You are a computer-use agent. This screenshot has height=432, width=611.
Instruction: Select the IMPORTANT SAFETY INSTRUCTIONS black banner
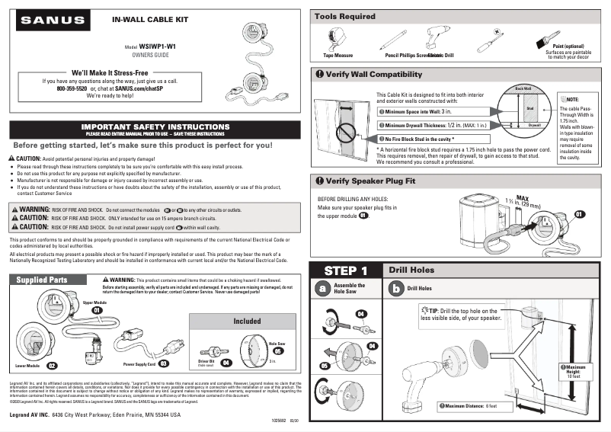[155, 129]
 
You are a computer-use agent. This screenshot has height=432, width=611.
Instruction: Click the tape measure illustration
[336, 40]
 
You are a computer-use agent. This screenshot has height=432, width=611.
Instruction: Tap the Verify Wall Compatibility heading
[373, 74]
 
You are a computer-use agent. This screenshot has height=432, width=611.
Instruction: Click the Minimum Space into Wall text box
[427, 111]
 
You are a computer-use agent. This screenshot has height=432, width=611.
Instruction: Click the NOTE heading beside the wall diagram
[571, 100]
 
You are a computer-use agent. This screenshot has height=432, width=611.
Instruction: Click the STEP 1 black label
[345, 270]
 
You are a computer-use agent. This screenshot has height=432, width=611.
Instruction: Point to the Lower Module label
[27, 365]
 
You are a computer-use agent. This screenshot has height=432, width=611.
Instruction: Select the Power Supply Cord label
[134, 364]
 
